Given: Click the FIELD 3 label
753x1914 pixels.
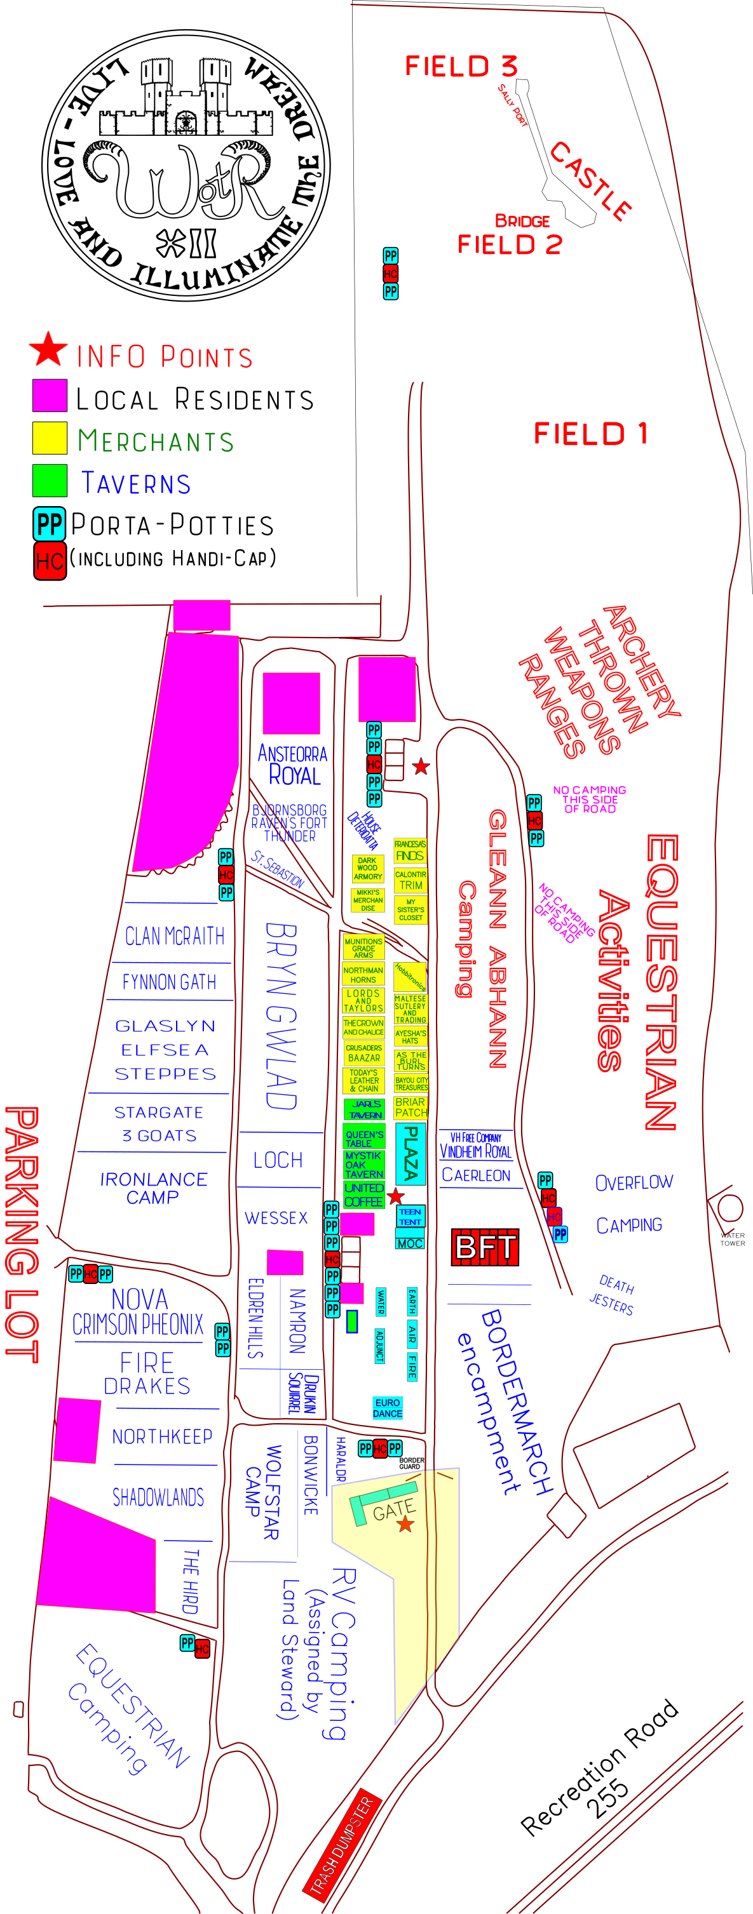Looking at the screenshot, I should pos(461,66).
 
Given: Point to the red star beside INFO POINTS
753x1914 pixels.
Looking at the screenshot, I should pos(48,350).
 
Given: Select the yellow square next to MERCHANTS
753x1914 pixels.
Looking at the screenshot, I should pos(50,438).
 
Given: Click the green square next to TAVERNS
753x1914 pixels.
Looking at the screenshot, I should pos(50,481).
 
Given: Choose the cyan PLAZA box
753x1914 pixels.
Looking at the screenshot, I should pos(410,1154).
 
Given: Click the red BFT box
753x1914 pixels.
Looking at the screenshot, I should pos(485,1247).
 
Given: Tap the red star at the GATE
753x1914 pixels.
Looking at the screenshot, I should pos(405,1525).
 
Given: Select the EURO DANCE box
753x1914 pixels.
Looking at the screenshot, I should pos(387,1408).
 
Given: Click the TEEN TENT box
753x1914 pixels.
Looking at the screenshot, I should pos(410,1216).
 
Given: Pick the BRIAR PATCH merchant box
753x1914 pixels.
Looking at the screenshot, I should pos(410,1107).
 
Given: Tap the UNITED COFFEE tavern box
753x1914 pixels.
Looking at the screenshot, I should pos(363,1195).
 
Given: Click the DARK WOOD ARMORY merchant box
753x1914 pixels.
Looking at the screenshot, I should pos(367,869).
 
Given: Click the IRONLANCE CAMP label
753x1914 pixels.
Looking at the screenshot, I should pos(153,1188).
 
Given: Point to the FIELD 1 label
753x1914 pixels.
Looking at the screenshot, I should pos(590,434).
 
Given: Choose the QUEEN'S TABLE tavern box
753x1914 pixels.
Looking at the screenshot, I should pos(363,1137).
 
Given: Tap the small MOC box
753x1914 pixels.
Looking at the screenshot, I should pos(410,1243).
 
